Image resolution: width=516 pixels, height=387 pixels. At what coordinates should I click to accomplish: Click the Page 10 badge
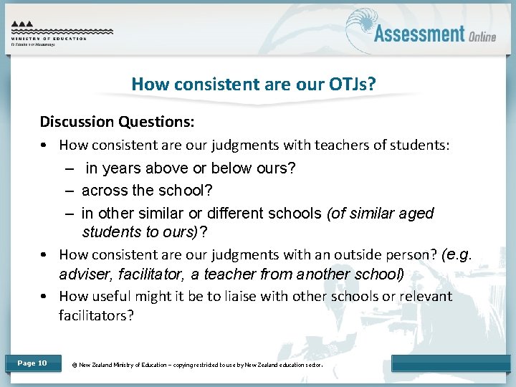click(x=32, y=363)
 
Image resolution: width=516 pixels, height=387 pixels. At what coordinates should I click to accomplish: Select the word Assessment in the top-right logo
click(x=419, y=34)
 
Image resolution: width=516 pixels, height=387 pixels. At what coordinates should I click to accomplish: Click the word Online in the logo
click(x=482, y=37)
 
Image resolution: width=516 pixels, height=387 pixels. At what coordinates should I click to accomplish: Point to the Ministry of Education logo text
click(x=49, y=39)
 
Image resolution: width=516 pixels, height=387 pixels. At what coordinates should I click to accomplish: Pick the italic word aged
click(x=416, y=214)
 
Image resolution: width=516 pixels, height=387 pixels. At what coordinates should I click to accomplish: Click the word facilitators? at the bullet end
click(x=96, y=315)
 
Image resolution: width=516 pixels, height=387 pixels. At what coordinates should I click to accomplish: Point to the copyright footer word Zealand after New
click(x=100, y=365)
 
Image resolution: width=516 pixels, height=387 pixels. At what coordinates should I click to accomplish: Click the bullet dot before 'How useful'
click(x=44, y=297)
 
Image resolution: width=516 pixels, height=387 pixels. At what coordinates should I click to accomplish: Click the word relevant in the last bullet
click(x=426, y=296)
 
